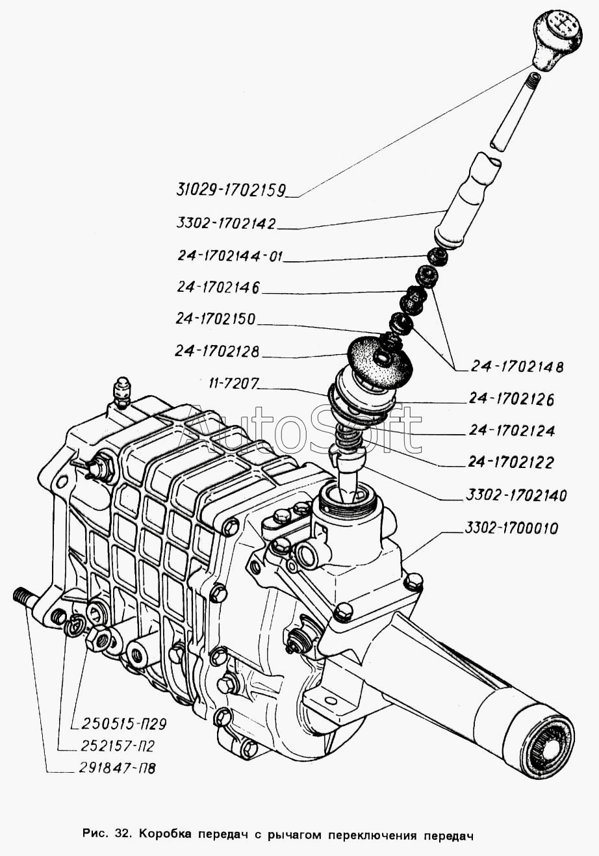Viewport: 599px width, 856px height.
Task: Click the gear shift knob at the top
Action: tap(557, 40)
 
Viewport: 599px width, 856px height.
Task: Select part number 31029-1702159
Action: tap(231, 190)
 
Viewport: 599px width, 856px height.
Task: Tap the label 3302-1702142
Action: tap(226, 223)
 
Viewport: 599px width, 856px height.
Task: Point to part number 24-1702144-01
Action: tap(229, 255)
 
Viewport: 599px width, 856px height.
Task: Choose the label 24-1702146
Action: tap(218, 287)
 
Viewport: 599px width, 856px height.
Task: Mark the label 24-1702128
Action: tap(217, 351)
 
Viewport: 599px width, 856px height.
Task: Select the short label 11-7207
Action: tap(234, 383)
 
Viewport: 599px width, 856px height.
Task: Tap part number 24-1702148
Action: tap(517, 367)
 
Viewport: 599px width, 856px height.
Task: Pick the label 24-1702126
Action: tap(511, 399)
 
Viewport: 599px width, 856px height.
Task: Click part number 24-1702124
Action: tap(511, 431)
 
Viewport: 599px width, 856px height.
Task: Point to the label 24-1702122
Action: tap(511, 462)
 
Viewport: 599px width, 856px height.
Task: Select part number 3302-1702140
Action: tap(516, 495)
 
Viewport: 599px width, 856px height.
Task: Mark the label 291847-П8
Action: tap(118, 768)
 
